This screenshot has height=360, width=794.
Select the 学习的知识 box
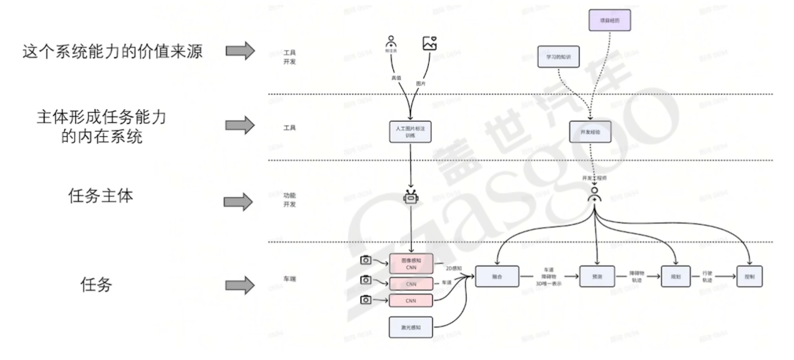coord(558,57)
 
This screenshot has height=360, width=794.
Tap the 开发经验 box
coord(590,132)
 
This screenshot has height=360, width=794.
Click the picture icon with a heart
coord(429,43)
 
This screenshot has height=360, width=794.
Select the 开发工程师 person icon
coord(594,194)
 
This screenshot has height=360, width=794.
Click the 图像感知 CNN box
coord(411,263)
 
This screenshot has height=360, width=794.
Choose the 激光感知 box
coord(411,327)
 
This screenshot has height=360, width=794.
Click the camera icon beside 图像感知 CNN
coord(366,260)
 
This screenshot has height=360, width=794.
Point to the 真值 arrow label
coord(395,77)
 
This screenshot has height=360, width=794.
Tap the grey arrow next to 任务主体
coord(240,201)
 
